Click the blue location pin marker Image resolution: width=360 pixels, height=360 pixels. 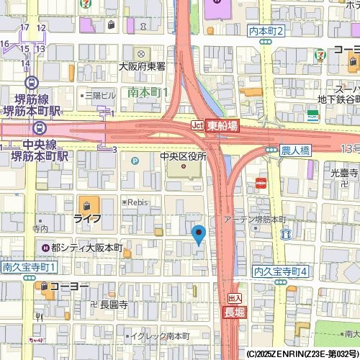pos(199,234)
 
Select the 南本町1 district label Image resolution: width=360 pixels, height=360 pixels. pos(148,92)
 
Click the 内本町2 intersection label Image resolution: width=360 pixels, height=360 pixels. pos(266,31)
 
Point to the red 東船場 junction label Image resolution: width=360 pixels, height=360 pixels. pos(222,125)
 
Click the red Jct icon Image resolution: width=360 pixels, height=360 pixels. pos(197,125)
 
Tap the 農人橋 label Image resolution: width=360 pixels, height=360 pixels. pos(294,150)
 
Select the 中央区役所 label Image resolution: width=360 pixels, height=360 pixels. pos(183,156)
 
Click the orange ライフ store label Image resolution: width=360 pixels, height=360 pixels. pos(86,217)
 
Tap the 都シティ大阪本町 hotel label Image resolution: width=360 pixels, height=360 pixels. pos(87,248)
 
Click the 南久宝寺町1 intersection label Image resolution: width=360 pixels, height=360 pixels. pos(30,267)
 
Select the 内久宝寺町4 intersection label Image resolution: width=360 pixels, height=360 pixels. pos(281,271)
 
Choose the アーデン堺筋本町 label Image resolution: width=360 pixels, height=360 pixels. pos(255,219)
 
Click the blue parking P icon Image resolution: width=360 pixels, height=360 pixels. pos(134,160)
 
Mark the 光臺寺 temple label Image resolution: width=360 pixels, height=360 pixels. pos(344,173)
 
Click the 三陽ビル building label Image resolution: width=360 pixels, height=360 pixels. pos(100,95)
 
